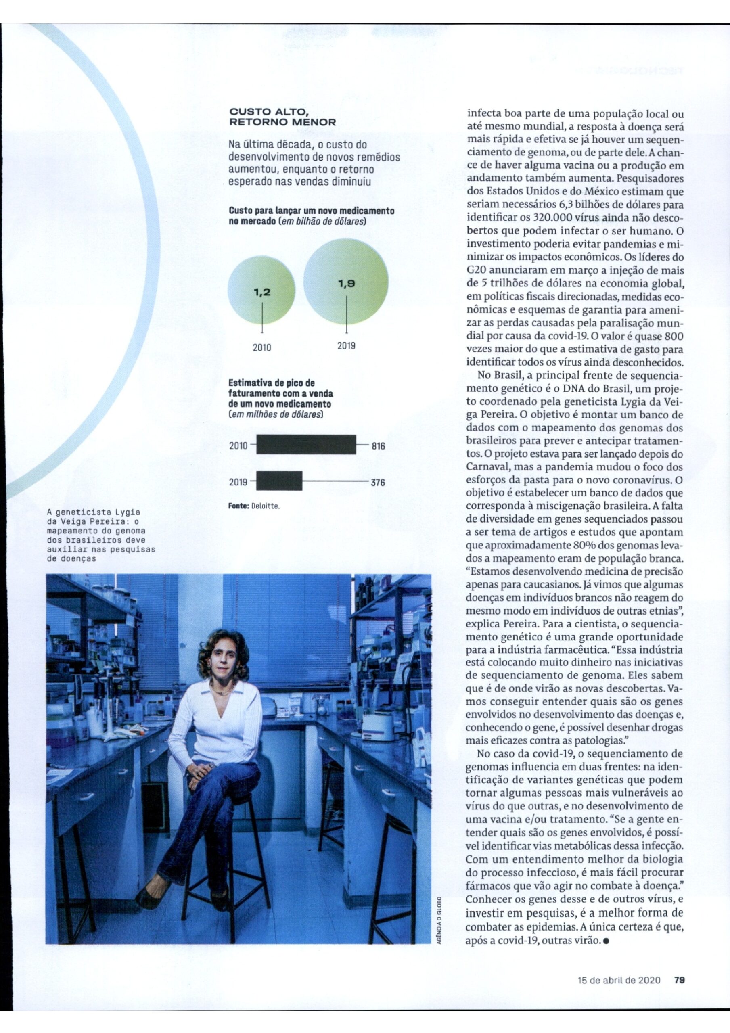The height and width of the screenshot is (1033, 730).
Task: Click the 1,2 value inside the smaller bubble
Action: (262, 293)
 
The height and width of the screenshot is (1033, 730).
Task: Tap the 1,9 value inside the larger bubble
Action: (346, 284)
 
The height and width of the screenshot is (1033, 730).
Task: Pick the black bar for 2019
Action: (279, 481)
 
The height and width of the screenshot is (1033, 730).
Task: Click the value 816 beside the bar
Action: (378, 446)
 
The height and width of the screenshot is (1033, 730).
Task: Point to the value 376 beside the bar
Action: (378, 483)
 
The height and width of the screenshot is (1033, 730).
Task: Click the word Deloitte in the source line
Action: (266, 506)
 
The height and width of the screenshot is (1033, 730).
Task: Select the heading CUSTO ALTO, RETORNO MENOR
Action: (282, 117)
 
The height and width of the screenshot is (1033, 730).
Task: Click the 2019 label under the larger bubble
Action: (346, 345)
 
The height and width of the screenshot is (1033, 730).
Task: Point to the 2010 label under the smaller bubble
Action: (262, 347)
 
